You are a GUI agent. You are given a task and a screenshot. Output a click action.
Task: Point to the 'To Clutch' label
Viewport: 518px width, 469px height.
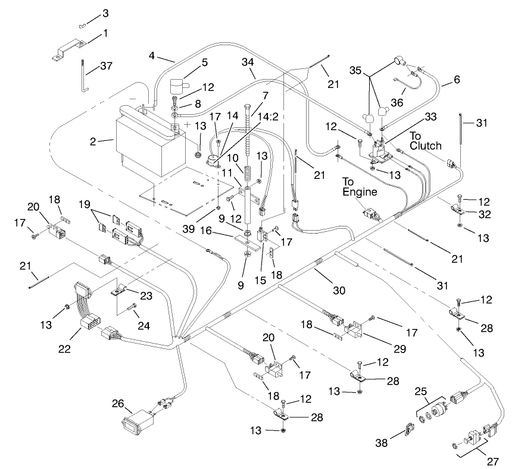click(425, 140)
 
